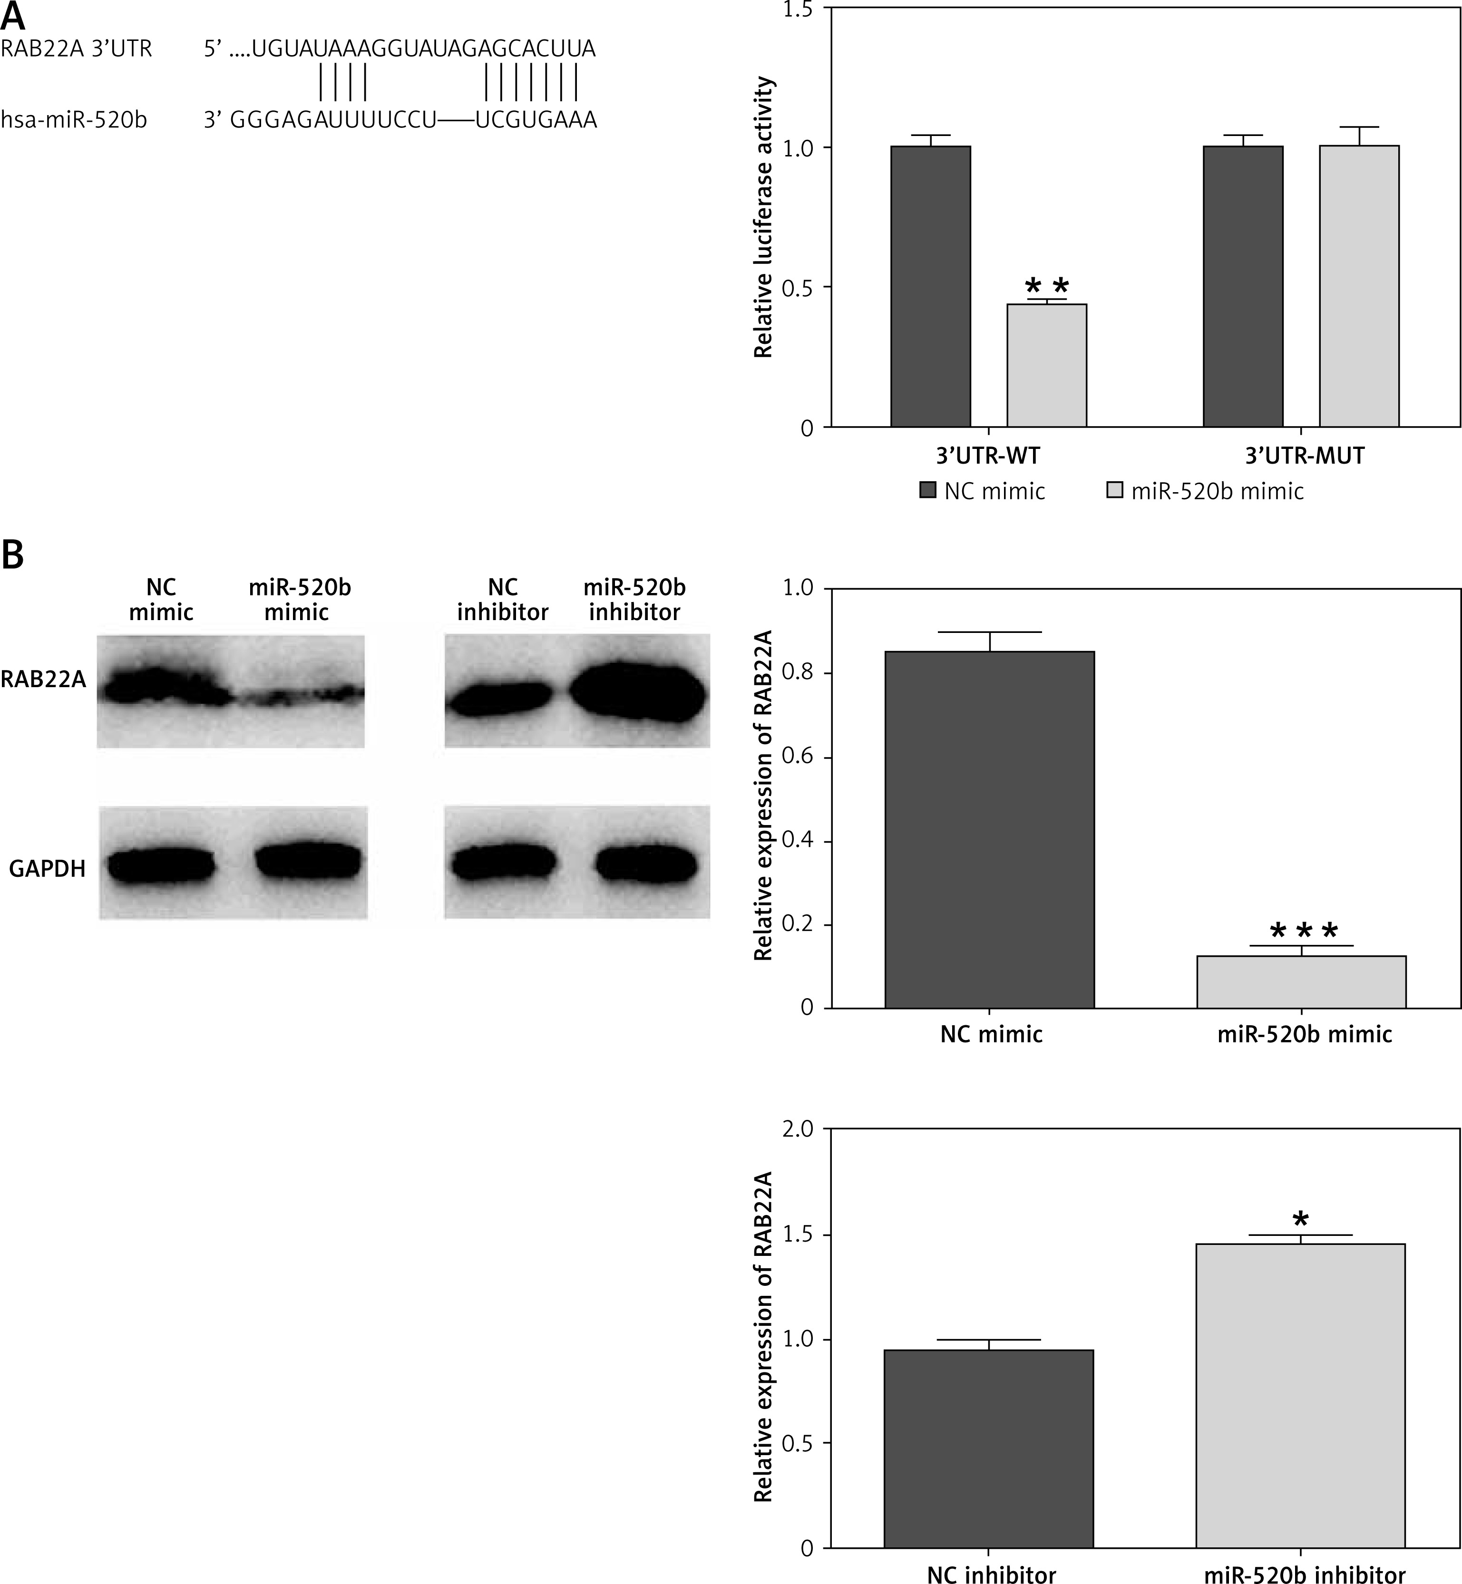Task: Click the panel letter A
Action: [13, 15]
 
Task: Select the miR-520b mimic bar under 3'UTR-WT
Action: [1046, 365]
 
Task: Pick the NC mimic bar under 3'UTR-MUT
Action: [1242, 286]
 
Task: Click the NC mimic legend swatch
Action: [927, 490]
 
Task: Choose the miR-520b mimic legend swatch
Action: [1114, 490]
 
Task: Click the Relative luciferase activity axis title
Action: [763, 217]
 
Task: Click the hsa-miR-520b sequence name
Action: [74, 120]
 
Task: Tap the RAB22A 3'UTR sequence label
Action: [76, 49]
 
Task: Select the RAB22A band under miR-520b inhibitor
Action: [637, 693]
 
